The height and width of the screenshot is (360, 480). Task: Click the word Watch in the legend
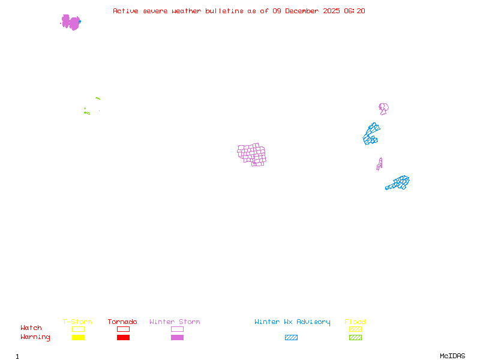[x=31, y=328]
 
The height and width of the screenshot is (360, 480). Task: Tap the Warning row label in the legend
[x=35, y=337]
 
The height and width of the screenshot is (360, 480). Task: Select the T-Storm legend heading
[x=77, y=322]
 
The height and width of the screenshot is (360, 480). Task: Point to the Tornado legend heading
[x=122, y=322]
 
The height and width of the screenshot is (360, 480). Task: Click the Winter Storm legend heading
[x=175, y=322]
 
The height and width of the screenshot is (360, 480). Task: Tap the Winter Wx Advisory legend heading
[x=292, y=322]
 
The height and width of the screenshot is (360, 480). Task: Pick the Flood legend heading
[x=355, y=322]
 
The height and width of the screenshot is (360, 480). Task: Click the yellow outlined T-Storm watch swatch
[x=78, y=329]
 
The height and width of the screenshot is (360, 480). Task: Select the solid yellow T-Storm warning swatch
[x=78, y=338]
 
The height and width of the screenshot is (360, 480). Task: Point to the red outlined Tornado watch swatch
[x=123, y=329]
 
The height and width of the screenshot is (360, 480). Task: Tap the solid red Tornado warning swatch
[x=123, y=338]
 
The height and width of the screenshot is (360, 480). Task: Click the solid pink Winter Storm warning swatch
[x=177, y=338]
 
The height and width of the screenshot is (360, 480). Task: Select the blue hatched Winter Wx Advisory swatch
[x=291, y=338]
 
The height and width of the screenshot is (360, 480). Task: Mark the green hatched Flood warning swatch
[x=355, y=338]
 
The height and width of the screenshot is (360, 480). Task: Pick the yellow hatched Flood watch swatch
[x=355, y=329]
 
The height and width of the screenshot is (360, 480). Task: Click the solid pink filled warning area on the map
[x=71, y=23]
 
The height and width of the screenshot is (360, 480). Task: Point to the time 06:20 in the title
[x=355, y=11]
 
